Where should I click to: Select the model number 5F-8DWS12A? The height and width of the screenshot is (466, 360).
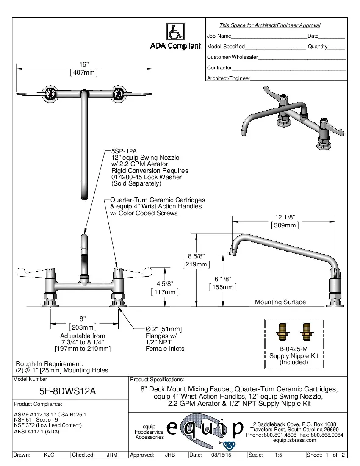(x=70, y=391)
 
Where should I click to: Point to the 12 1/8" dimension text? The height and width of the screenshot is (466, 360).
(x=285, y=217)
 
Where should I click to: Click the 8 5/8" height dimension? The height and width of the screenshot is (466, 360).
(x=196, y=256)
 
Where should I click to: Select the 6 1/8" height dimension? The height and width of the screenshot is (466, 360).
(x=223, y=279)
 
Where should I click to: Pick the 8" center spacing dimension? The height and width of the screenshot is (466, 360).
(x=83, y=319)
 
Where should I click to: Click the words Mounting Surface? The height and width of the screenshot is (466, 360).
(x=280, y=302)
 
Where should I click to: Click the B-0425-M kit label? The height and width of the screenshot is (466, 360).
(x=294, y=349)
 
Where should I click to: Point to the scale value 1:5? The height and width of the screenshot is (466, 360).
(x=279, y=455)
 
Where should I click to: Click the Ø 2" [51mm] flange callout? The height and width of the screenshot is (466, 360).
(x=163, y=329)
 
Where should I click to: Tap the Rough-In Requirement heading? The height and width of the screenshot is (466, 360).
(x=50, y=364)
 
